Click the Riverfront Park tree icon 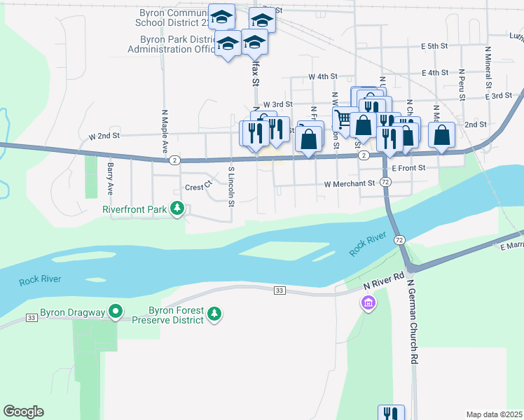coord(178,209)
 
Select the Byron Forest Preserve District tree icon coord(214,316)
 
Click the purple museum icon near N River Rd coord(367,303)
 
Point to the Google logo coord(23,412)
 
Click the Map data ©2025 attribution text coord(495,414)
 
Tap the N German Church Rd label coord(414,328)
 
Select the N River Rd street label coord(384,281)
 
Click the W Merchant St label coord(350,184)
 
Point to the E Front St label coord(410,169)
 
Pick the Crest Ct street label coord(198,187)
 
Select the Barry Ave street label coord(110,179)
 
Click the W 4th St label coord(323,76)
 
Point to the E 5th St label coord(434,46)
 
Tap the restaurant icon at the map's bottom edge coord(391,413)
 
